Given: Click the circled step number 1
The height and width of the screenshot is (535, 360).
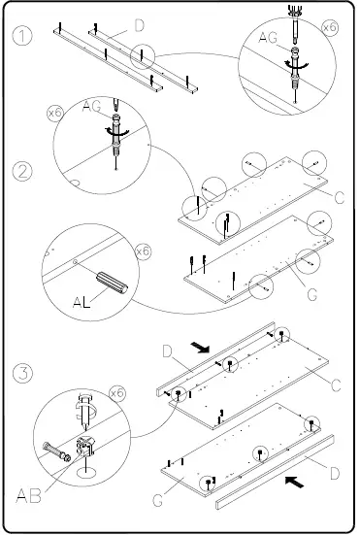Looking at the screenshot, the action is coord(22,36).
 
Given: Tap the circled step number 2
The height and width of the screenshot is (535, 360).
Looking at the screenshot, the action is coord(22,171).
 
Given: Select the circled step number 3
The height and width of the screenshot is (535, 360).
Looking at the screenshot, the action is coord(22,373).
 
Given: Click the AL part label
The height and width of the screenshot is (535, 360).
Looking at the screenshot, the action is coord(82,302).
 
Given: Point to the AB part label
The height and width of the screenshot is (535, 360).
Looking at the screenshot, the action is coord(29,495).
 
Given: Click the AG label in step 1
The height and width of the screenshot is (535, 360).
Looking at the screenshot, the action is coord(268,38).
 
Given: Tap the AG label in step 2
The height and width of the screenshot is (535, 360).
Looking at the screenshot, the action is coord(92,106).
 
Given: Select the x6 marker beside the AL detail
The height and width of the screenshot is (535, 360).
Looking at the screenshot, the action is coord(143,251).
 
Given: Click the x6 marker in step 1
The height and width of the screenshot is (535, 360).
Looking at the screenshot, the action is coord(330,27).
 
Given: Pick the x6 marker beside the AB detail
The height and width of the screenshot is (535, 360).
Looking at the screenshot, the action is coord(117,393).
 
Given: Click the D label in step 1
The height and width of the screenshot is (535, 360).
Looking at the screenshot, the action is coord(139,26).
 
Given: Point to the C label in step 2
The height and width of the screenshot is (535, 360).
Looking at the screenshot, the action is coord(340,198).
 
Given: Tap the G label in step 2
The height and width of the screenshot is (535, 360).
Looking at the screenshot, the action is coord(311,294).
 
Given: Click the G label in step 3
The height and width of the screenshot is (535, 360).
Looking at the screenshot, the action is coord(157,501).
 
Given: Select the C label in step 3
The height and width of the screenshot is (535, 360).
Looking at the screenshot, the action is coord(336,385).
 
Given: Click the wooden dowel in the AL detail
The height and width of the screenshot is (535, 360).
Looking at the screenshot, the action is coord(112,283).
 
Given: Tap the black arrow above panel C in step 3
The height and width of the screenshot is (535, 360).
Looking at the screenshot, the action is coord(200,348).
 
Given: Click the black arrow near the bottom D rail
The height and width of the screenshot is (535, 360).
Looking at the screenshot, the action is coord(294,482).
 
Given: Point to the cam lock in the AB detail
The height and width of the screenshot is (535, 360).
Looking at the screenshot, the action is coord(84,446).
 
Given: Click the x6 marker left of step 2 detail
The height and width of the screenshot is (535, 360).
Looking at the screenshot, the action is coord(54,114).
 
